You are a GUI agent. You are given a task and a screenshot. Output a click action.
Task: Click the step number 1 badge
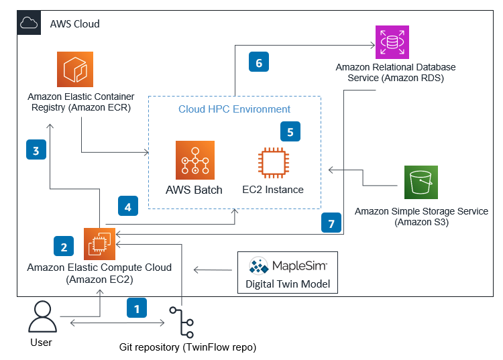click(x=137, y=308)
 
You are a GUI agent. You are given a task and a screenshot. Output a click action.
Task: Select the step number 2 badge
click(x=64, y=246)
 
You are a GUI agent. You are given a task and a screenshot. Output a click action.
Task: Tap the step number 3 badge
click(x=37, y=150)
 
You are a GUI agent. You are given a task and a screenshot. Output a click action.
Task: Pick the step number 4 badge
click(x=127, y=206)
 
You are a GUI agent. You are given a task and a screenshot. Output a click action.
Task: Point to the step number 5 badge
click(x=290, y=131)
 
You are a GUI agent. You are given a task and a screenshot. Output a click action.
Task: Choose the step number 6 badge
click(x=258, y=62)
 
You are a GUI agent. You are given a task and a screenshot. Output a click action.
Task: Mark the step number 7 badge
click(x=331, y=223)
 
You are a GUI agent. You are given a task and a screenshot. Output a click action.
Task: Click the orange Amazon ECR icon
click(x=74, y=70)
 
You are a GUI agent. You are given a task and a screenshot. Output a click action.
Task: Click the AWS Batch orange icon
click(x=194, y=160)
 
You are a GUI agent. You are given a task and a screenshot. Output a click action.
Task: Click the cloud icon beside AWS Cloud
click(x=30, y=24)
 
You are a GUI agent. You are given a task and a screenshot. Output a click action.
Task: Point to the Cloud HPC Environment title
click(x=234, y=109)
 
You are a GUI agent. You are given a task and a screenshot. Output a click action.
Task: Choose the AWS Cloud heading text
click(x=74, y=24)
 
